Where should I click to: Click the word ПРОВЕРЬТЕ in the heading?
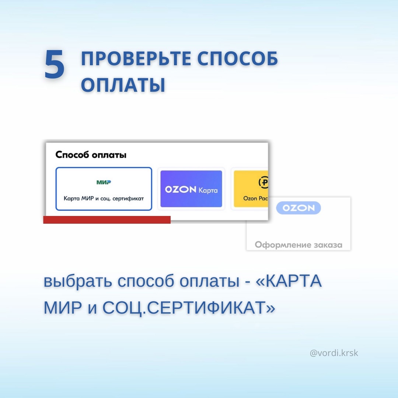point(136,59)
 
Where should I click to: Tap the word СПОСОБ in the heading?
point(237,59)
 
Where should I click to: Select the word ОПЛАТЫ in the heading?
point(123,84)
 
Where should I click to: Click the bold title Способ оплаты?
point(91,155)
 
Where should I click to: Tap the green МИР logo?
point(104,182)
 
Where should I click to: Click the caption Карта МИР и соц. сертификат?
point(104,199)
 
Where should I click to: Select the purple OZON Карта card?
point(191,189)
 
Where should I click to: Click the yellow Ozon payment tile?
point(251,189)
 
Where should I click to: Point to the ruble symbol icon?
point(264,182)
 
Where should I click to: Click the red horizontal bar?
point(107,220)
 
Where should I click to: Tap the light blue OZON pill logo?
point(298,208)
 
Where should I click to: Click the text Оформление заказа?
point(298,245)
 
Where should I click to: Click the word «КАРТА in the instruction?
point(289,281)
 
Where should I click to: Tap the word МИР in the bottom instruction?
point(63,308)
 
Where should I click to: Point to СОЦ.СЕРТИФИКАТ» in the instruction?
point(189,308)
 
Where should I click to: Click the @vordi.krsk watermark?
point(334,353)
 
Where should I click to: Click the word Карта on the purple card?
point(208,190)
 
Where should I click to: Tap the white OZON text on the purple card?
point(181,189)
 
